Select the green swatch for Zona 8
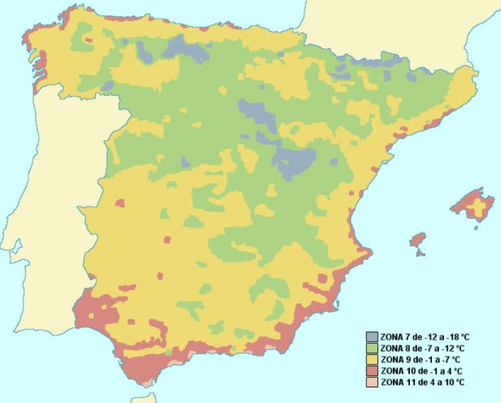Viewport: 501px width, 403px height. tap(372, 348)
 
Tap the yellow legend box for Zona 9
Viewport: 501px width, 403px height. tap(372, 359)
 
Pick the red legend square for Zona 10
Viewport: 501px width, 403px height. tap(372, 370)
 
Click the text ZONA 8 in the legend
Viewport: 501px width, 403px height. tap(397, 348)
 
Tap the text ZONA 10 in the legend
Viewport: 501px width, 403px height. tap(399, 370)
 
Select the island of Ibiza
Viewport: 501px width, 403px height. tap(418, 240)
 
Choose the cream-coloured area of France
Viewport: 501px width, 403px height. tap(390, 32)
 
